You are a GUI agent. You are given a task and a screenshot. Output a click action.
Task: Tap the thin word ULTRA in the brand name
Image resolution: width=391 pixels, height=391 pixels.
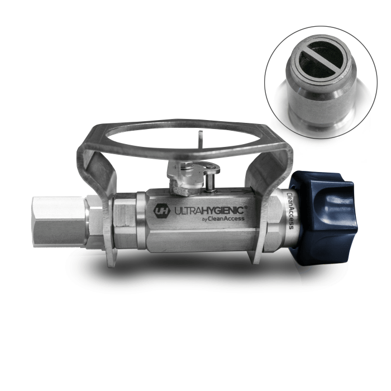[x=187, y=211]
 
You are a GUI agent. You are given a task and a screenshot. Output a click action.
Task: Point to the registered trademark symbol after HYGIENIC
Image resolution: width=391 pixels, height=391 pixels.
[x=246, y=207]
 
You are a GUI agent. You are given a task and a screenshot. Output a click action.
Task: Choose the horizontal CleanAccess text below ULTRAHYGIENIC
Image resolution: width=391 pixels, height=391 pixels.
[x=226, y=219]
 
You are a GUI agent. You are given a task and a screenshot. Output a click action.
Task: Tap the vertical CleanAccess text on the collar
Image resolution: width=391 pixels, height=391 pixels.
[x=290, y=211]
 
